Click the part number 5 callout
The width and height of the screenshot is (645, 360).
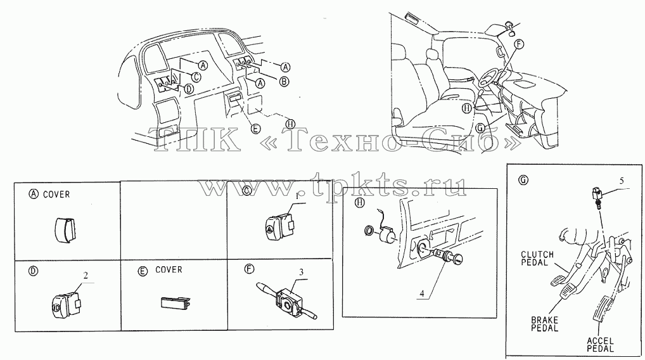point(622,181)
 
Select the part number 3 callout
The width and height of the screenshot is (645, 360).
point(302,272)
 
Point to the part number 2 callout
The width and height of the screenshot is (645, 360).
point(86,276)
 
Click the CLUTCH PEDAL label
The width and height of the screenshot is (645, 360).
point(537,259)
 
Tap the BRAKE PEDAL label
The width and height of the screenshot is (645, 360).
point(545,324)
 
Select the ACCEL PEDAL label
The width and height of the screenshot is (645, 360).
point(600,345)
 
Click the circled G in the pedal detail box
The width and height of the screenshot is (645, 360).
point(523,180)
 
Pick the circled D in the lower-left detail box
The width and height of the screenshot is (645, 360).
point(32,271)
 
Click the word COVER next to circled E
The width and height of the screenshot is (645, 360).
point(169,270)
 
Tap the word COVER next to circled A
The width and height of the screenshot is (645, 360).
point(56,195)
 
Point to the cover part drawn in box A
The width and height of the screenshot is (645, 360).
point(65,231)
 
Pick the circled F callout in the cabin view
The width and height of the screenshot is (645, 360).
point(519,44)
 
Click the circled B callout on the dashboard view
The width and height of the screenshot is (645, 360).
point(284,82)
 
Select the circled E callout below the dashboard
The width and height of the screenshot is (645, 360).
point(256,129)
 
